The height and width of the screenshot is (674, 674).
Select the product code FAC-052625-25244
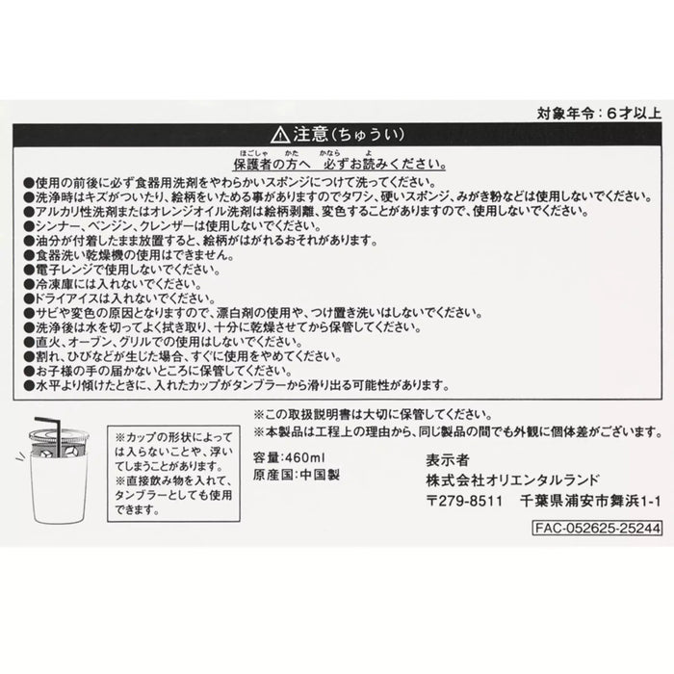point(597,528)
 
